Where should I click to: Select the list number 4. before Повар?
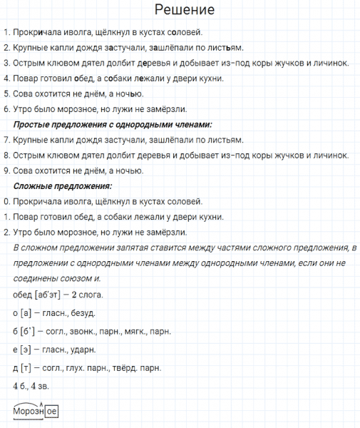[x=6, y=78]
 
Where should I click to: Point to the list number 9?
[x=6, y=170]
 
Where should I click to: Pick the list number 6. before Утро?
[x=6, y=109]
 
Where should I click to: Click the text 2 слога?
[x=88, y=294]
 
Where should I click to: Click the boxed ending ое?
[x=51, y=411]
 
